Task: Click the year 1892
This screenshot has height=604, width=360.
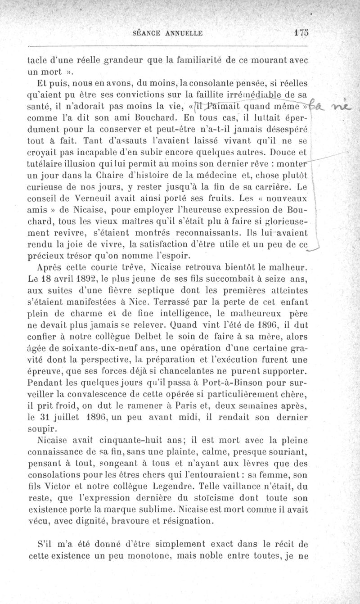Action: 94,279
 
